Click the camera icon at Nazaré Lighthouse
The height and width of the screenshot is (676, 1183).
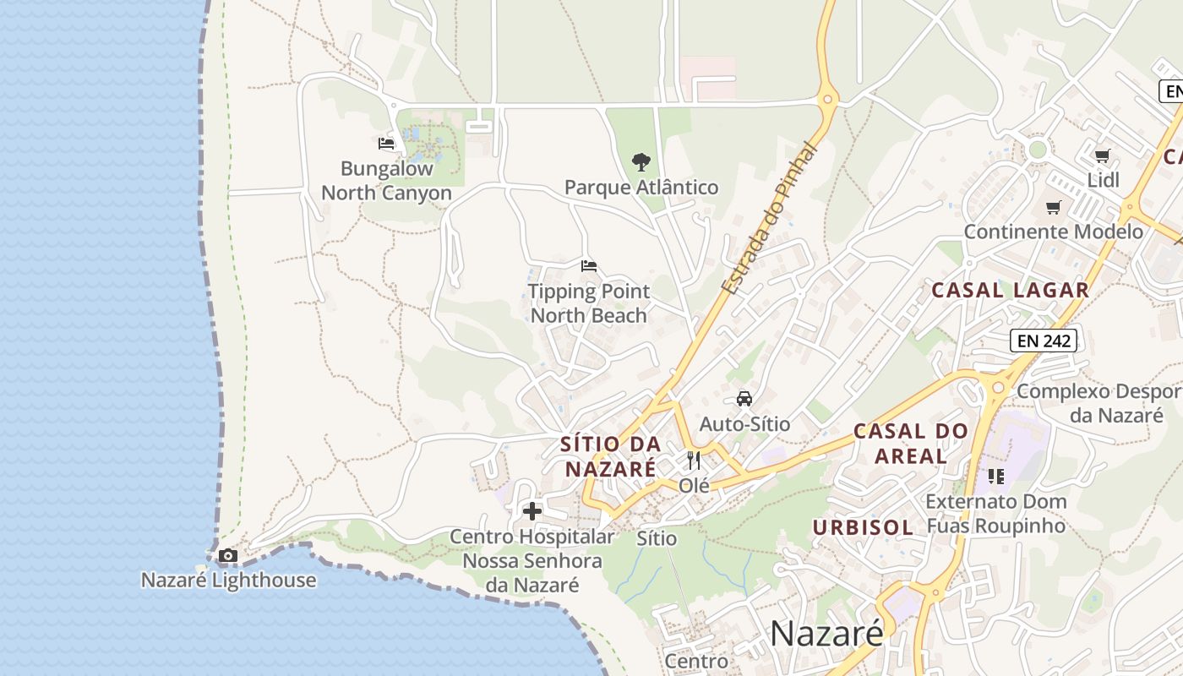pyautogui.click(x=227, y=555)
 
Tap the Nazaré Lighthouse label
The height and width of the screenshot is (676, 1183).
pyautogui.click(x=228, y=580)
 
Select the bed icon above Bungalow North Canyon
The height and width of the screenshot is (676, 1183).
pyautogui.click(x=386, y=144)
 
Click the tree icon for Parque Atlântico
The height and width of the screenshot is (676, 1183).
pyautogui.click(x=641, y=161)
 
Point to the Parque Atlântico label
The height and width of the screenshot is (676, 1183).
pyautogui.click(x=641, y=187)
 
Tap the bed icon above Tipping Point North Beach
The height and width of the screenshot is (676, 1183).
pyautogui.click(x=589, y=266)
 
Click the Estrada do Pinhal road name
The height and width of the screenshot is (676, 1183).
pyautogui.click(x=770, y=219)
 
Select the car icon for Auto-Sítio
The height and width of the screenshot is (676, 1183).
pyautogui.click(x=744, y=399)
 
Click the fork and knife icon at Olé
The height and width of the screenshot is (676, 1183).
pyautogui.click(x=694, y=461)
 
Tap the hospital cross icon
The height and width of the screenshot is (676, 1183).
pyautogui.click(x=532, y=511)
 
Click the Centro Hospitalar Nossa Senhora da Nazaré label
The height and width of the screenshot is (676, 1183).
pyautogui.click(x=532, y=560)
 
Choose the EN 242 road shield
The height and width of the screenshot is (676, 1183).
pyautogui.click(x=1044, y=341)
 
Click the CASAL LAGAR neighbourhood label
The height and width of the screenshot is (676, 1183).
pyautogui.click(x=1010, y=290)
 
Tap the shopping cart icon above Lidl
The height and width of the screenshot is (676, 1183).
pyautogui.click(x=1102, y=155)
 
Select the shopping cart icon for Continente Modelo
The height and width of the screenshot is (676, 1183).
pyautogui.click(x=1053, y=207)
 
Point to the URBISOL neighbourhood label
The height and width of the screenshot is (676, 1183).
pyautogui.click(x=863, y=527)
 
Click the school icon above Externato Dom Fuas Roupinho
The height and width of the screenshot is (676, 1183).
pyautogui.click(x=996, y=477)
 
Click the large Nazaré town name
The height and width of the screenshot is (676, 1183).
pyautogui.click(x=826, y=633)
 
